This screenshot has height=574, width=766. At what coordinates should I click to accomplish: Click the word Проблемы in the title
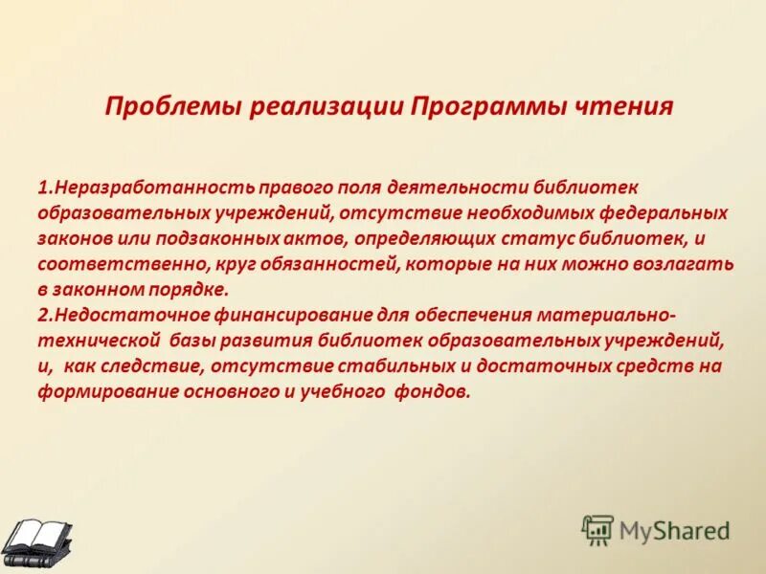click(173, 105)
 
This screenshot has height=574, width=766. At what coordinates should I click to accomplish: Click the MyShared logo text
click(674, 529)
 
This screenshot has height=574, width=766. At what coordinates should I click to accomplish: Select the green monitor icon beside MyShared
click(597, 529)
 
